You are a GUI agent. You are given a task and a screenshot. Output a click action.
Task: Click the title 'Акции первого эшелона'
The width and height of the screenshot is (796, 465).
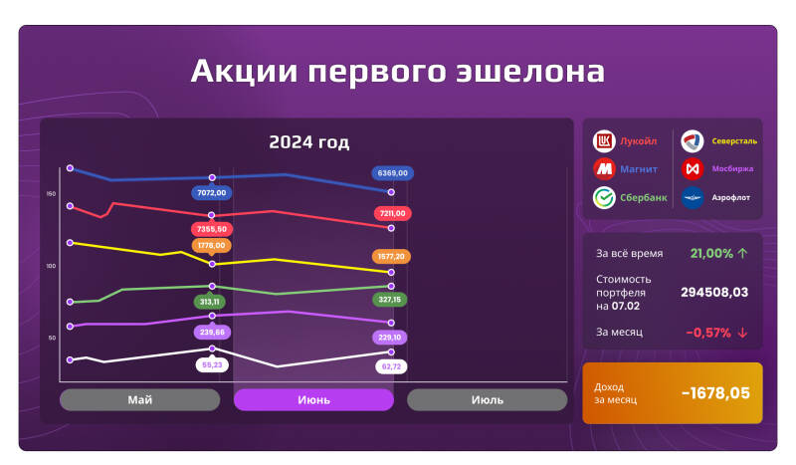[397, 73]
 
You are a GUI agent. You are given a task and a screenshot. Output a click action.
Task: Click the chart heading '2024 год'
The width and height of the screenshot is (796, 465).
[308, 142]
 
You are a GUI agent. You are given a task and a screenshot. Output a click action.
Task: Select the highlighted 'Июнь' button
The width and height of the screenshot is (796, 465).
[313, 399]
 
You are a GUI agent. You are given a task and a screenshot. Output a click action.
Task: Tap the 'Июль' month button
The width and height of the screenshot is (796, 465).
[487, 399]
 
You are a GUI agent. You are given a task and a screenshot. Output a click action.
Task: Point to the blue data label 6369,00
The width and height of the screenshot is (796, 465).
[391, 172]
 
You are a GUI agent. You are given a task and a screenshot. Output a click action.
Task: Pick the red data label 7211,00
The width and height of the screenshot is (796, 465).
[392, 213]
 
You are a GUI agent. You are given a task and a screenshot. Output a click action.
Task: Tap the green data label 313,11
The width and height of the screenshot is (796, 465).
[211, 301]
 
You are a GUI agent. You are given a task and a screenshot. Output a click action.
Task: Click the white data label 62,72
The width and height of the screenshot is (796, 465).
[391, 366]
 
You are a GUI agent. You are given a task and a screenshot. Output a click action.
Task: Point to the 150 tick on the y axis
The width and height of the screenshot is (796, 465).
[51, 193]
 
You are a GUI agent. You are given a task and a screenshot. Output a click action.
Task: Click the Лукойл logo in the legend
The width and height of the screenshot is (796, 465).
[604, 141]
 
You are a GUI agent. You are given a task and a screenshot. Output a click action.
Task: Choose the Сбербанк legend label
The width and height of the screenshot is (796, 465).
[644, 197]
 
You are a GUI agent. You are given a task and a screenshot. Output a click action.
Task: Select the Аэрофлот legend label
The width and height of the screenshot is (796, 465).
[731, 197]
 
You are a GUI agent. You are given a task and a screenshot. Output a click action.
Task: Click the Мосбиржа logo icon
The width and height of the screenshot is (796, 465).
[693, 169]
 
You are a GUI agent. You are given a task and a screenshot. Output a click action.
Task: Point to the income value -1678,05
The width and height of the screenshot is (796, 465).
[715, 392]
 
